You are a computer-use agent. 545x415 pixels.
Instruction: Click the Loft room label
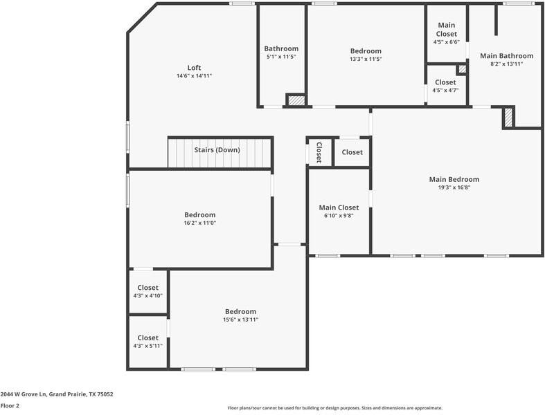click(x=195, y=67)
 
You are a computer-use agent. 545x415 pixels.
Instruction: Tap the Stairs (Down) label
click(x=217, y=150)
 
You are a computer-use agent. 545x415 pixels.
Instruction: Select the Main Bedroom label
click(x=454, y=179)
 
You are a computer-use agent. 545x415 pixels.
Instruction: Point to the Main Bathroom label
click(x=506, y=56)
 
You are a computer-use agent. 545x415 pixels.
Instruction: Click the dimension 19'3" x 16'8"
click(x=454, y=187)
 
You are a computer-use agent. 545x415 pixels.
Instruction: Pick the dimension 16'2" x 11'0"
click(x=199, y=223)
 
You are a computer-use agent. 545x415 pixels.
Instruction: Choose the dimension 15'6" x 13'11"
click(x=240, y=320)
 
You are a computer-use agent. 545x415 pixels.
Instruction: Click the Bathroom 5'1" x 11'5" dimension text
click(x=281, y=57)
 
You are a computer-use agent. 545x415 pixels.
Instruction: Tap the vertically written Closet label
click(x=319, y=152)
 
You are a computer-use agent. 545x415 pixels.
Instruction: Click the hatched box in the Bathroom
click(x=296, y=100)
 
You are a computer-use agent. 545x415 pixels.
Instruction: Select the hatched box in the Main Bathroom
click(x=509, y=118)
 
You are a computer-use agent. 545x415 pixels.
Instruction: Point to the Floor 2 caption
click(x=10, y=406)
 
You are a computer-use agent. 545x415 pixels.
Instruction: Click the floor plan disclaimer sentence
click(x=334, y=408)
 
